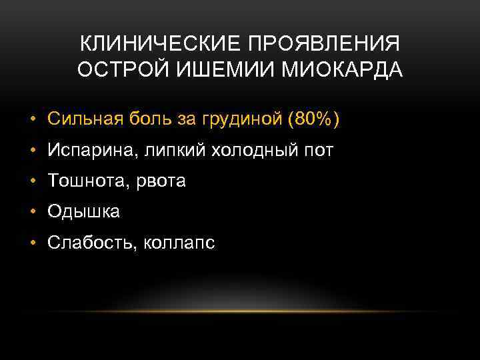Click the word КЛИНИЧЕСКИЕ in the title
click(161, 45)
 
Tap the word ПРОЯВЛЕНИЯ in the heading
click(325, 45)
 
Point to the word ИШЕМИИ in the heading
click(209, 70)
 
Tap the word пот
click(318, 151)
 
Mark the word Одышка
click(83, 213)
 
